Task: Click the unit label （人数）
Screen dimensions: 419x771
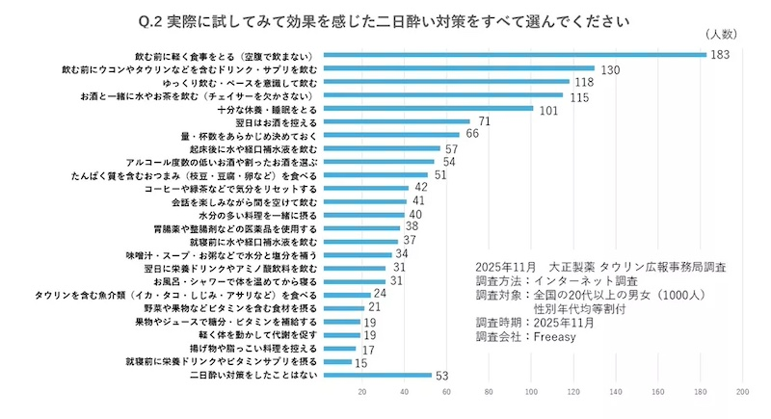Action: [722, 35]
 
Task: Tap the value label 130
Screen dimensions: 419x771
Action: [610, 70]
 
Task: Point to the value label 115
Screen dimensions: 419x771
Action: [578, 97]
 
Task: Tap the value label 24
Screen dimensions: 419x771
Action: [380, 293]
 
